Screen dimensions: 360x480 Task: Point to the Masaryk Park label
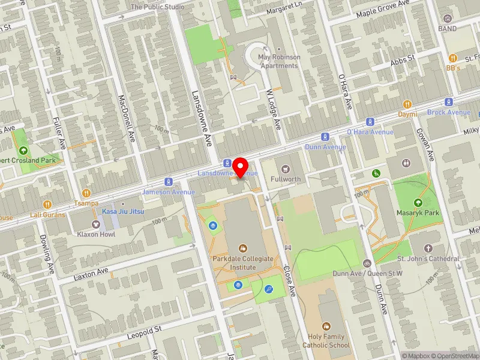coord(418,212)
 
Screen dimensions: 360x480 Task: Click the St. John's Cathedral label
coord(428,259)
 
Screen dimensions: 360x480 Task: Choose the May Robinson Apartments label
coord(278,61)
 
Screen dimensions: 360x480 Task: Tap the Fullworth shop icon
coord(285,169)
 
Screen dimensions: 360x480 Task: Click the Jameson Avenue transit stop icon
coord(169,182)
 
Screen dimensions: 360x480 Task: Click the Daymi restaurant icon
coord(407,104)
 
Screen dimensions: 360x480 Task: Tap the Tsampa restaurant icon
coord(86,193)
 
